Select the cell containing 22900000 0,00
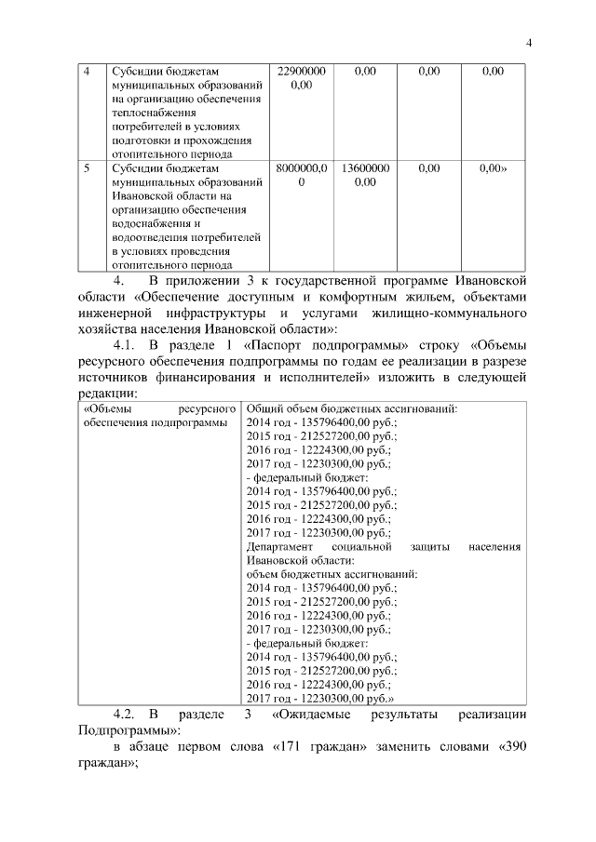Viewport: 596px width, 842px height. pos(301,77)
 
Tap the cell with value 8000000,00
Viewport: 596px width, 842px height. pos(301,176)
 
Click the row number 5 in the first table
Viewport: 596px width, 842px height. pos(87,169)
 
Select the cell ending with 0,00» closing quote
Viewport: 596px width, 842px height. pos(494,169)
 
